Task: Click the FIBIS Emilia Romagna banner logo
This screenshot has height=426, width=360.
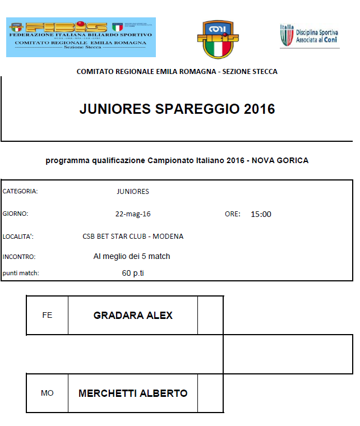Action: coord(81,37)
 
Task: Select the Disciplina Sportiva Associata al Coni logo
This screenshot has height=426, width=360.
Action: coord(310,36)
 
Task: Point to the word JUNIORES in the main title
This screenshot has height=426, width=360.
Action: coord(114,109)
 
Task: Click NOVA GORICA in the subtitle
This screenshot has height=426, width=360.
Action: coord(280,160)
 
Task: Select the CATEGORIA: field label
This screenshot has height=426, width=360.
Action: coord(20,191)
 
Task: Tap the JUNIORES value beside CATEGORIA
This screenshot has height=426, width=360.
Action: coord(133,191)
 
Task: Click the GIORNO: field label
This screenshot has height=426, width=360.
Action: coord(15,214)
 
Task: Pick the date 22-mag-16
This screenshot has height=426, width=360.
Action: coord(133,214)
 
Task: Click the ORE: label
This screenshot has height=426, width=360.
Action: coord(232,214)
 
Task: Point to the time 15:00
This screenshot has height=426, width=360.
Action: coord(261,214)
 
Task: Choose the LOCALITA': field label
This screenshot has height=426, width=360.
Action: coord(18,236)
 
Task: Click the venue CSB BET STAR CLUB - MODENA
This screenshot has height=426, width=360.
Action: coord(133,236)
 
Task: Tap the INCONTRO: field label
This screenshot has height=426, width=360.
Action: coord(19,257)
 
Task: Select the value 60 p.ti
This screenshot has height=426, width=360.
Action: coord(133,274)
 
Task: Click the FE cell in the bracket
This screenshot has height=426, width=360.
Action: coord(47,315)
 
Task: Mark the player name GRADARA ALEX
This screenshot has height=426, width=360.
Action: coord(133,315)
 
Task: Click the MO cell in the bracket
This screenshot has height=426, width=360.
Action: coord(47,393)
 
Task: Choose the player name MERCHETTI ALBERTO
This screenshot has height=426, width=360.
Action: coord(133,393)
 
